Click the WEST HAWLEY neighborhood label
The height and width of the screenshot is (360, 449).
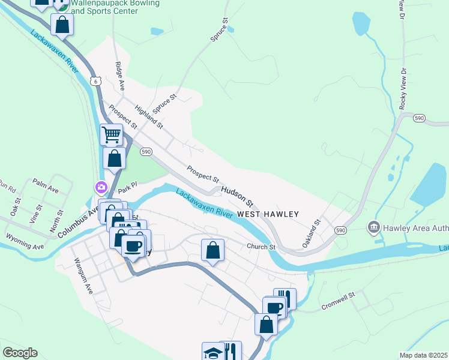tap(268, 214)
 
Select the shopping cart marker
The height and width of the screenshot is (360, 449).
tap(112, 134)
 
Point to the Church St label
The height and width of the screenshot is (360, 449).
tap(261, 247)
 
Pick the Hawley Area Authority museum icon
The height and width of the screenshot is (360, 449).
tap(373, 227)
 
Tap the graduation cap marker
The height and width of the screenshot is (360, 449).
tap(213, 352)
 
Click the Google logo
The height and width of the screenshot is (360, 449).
tap(20, 353)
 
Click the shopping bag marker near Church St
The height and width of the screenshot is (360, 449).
tap(212, 250)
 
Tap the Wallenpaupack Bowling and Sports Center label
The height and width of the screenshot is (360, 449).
tap(115, 7)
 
